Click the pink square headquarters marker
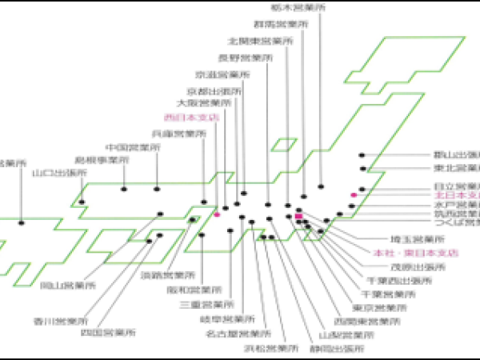click(298, 216)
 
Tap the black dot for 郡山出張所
click(362, 154)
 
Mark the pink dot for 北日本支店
click(354, 194)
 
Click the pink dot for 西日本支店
click(217, 214)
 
